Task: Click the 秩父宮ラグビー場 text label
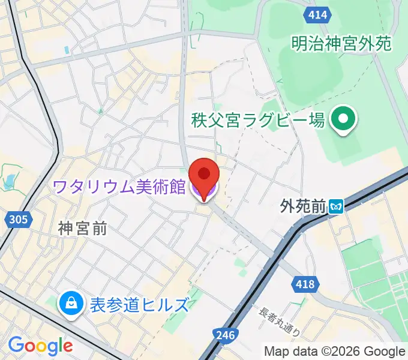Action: coord(259,120)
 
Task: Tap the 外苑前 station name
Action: coord(303,207)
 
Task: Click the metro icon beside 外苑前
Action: coord(336,207)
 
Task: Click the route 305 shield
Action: coord(19,220)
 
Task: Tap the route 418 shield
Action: coord(305,284)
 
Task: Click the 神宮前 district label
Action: coord(82,228)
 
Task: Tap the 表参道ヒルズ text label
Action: coord(139,305)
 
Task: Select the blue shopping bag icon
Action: coord(71,304)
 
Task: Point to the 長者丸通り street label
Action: coord(279,322)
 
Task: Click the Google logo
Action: coord(40,346)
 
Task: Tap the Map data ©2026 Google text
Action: coord(335,351)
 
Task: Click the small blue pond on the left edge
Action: coord(8,181)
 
